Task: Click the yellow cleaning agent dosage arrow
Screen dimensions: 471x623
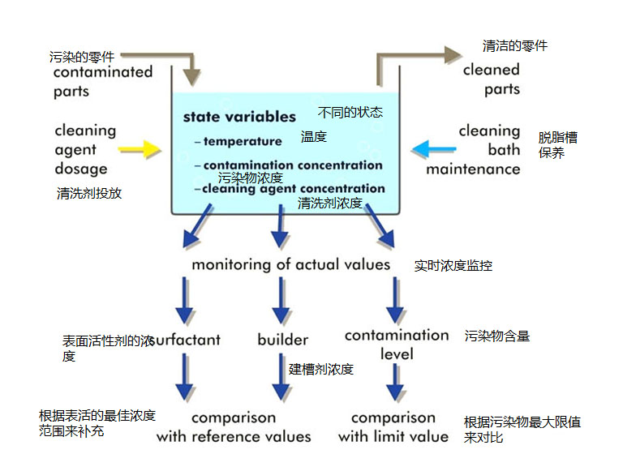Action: pyautogui.click(x=140, y=149)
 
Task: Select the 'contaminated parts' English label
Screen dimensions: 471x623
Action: pyautogui.click(x=102, y=81)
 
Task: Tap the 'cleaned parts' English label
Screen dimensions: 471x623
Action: pyautogui.click(x=492, y=79)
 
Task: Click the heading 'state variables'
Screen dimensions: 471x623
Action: pyautogui.click(x=239, y=117)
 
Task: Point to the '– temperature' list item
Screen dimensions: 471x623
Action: pyautogui.click(x=238, y=141)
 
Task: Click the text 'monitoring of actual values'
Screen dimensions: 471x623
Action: pyautogui.click(x=290, y=265)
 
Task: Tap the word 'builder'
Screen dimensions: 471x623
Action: pyautogui.click(x=283, y=340)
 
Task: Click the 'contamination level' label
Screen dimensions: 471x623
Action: pyautogui.click(x=396, y=344)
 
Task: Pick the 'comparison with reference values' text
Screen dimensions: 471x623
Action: pyautogui.click(x=234, y=427)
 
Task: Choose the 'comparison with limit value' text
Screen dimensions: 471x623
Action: pyautogui.click(x=393, y=427)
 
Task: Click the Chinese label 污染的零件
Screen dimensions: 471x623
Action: pyautogui.click(x=82, y=57)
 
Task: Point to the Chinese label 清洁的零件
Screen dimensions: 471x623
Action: pyautogui.click(x=515, y=45)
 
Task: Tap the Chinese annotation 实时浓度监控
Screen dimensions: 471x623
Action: pyautogui.click(x=453, y=265)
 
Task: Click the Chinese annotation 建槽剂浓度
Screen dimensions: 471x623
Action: pyautogui.click(x=321, y=369)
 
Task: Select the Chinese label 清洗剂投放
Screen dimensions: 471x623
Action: pyautogui.click(x=89, y=193)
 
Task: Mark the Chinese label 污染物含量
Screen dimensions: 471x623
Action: pyautogui.click(x=497, y=336)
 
